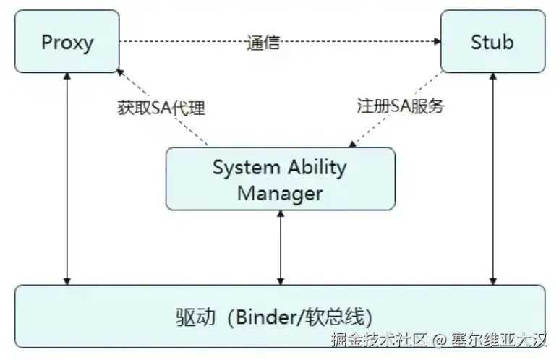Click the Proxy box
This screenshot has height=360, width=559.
click(67, 41)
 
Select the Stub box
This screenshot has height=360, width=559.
click(492, 41)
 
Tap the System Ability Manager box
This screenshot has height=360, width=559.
click(281, 179)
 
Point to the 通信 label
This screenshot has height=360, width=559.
click(263, 42)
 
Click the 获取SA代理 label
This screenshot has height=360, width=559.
click(162, 108)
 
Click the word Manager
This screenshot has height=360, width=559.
click(280, 192)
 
